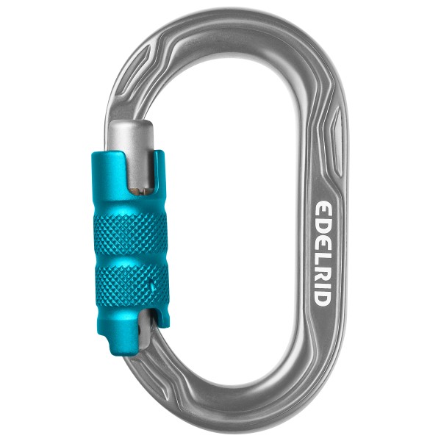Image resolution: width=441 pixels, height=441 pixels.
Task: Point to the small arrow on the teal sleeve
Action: pos(152,282)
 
